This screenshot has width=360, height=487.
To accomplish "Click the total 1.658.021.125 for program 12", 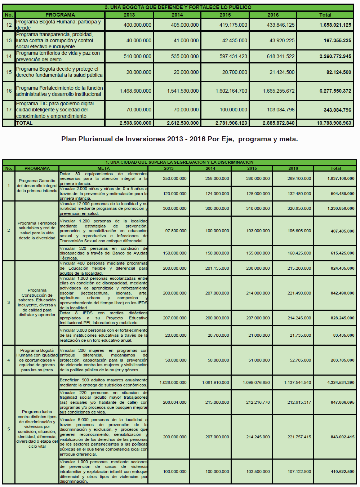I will [335, 25].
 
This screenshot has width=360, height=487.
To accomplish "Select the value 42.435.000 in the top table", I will [235, 41].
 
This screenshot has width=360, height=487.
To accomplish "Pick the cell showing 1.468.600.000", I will [135, 91].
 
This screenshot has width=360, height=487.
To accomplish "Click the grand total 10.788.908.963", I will [334, 123].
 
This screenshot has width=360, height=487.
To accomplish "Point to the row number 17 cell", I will [9, 110].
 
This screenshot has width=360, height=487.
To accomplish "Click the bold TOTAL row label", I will [25, 123].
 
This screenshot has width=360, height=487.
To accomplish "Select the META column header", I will [103, 168].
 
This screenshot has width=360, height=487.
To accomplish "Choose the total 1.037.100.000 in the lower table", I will [341, 179].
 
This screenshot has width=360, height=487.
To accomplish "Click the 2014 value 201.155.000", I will [217, 269].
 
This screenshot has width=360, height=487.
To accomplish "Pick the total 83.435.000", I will [343, 336].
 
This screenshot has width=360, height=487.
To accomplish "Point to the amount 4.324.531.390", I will [341, 383].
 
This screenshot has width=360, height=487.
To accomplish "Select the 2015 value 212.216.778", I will [258, 403].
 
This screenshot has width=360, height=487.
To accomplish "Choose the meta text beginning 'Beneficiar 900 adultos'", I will [103, 383].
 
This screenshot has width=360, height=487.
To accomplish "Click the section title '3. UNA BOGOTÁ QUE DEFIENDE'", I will [178, 7].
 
